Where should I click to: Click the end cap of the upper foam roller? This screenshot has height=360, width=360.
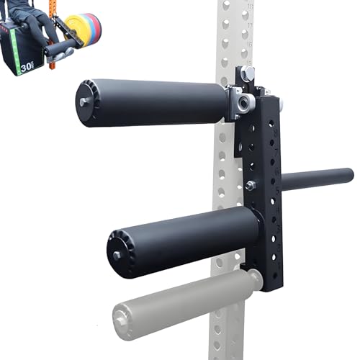point(86,102)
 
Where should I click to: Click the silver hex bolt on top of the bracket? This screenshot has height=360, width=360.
point(248,73)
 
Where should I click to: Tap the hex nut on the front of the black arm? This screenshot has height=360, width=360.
point(250,186)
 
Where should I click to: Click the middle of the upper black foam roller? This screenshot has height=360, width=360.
point(155,102)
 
